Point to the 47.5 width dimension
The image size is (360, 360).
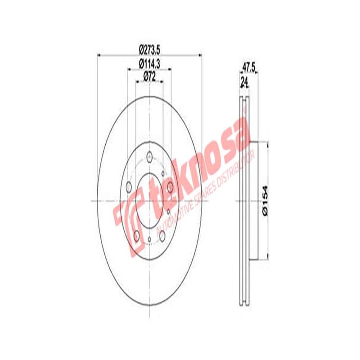tap(249, 67)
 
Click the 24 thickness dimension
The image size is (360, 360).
tap(244, 81)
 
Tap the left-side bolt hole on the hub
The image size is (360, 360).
tap(129, 186)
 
